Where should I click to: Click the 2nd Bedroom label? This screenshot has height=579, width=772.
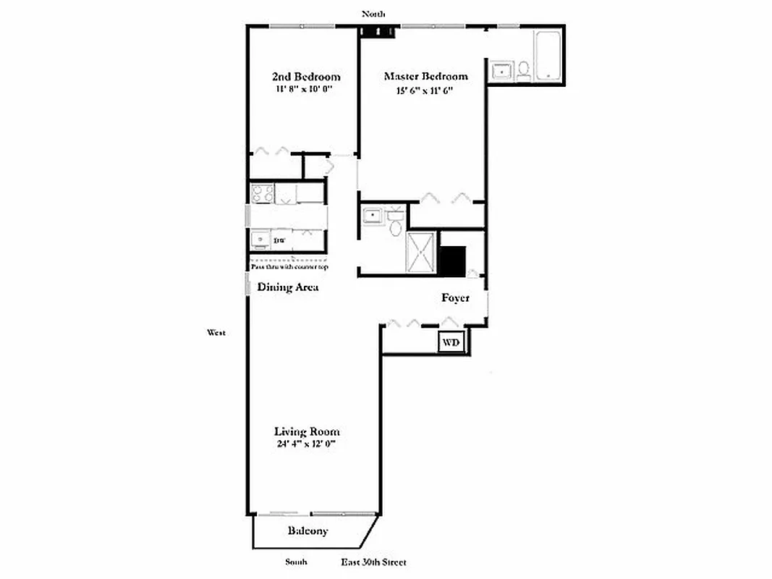306,77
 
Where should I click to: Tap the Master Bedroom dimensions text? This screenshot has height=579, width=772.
425,90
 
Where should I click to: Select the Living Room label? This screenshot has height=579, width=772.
306,431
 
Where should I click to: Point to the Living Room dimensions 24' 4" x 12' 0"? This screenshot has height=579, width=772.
306,444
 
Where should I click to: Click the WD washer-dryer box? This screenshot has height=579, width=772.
451,341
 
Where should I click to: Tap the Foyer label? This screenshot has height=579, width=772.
456,298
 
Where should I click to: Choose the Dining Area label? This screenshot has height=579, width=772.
288,287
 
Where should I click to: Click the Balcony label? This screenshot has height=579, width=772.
307,531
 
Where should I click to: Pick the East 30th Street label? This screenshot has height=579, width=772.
374,562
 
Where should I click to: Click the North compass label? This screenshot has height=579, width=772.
373,14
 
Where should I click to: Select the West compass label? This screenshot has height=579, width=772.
216,333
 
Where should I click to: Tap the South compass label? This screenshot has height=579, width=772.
295,562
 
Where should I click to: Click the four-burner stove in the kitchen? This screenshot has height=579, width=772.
263,193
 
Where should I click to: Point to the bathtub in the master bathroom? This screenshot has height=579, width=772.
548,56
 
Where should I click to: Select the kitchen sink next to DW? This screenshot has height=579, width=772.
260,238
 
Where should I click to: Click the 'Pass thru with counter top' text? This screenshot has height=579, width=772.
289,267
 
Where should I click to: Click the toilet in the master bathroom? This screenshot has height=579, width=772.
525,69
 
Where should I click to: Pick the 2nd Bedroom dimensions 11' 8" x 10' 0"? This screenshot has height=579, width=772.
306,90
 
